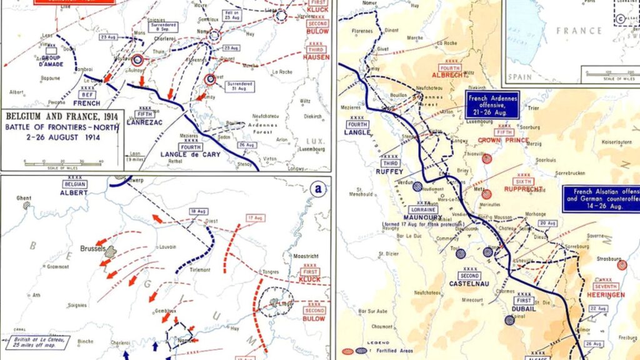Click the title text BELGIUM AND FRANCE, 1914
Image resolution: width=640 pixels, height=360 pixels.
point(62,116)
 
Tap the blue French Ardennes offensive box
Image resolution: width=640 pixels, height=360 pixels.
point(492,104)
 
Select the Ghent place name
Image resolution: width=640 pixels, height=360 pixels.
point(24,198)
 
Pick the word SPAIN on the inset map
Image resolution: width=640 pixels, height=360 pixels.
point(520,77)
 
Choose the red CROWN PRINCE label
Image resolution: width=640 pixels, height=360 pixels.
point(504,140)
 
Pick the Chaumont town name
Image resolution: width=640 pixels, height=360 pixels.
point(382,326)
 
